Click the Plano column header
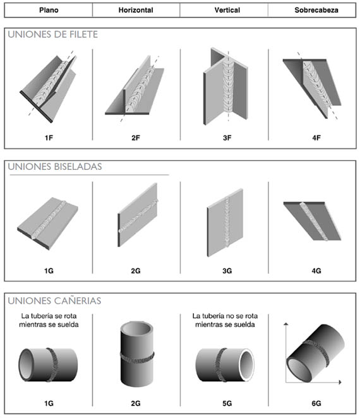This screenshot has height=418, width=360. pos(49,10)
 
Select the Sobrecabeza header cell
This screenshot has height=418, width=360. pos(316,10)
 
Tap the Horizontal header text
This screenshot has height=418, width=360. pos(136,10)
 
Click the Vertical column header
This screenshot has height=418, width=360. pos(227,10)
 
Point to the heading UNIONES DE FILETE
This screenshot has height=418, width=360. pos(53,34)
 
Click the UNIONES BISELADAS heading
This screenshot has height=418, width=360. pos(55,167)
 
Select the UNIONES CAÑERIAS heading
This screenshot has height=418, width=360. pos(54,301)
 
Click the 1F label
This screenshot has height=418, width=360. pos(49,138)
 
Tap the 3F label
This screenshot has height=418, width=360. pos(227,138)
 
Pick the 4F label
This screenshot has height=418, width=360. pos(316,138)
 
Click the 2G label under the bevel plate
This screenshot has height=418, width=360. pos(136,271)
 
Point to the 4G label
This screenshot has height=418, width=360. pos(316,271)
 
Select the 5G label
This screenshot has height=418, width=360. pos(227,403)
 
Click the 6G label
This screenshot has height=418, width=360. pos(316,403)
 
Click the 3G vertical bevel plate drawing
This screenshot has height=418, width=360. pos(225,223)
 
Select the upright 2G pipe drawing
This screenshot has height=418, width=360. pos(137,354)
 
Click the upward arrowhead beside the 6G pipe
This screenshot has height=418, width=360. pos(286,324)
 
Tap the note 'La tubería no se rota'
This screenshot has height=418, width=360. pos(225,316)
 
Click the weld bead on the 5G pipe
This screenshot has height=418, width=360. pos(220,364)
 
